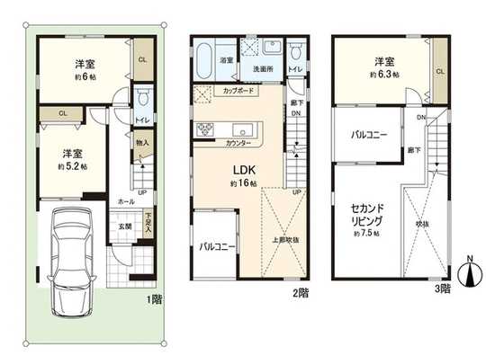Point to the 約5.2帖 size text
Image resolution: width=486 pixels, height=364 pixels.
[x=71, y=166]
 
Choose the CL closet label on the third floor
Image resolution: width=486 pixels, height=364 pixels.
[x=439, y=72]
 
